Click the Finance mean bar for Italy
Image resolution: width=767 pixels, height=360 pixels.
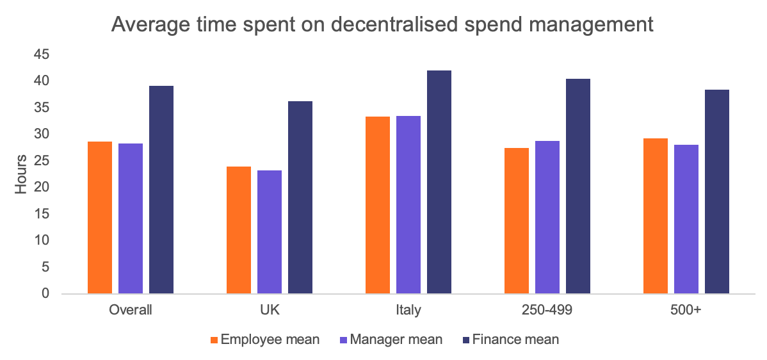coord(439,182)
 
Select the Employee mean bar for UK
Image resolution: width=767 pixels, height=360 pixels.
coord(238,230)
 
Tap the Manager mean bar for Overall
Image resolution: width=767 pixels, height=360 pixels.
coord(131,218)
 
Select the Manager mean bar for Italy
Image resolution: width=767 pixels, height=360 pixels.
coord(408,204)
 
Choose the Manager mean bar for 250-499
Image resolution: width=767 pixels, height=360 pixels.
coord(547,217)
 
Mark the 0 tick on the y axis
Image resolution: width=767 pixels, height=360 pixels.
coord(45,293)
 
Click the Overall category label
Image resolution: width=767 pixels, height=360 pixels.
coord(131,311)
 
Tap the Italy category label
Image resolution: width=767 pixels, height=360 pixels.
coord(408,311)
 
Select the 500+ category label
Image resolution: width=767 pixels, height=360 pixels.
coord(686,311)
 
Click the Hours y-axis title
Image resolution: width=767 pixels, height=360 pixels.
coord(22,174)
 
